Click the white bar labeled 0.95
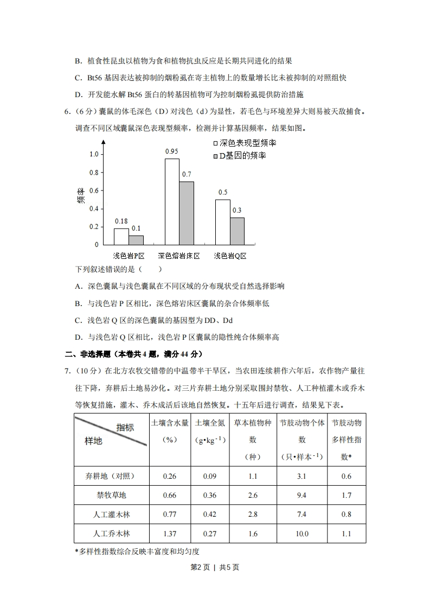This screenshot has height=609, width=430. (172, 201)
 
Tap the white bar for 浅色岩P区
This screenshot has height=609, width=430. (121, 236)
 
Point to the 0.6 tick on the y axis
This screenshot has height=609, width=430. (94, 191)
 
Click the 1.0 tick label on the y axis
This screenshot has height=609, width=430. (94, 154)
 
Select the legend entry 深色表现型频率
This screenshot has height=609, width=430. (245, 143)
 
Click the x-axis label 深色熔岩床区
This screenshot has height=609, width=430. (179, 256)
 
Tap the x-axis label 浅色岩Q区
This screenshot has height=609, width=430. (230, 256)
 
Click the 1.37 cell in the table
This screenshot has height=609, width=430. (170, 534)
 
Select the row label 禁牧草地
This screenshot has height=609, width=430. (112, 495)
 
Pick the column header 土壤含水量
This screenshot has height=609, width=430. (170, 423)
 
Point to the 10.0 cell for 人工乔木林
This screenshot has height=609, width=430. (302, 534)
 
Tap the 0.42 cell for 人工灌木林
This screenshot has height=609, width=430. (210, 515)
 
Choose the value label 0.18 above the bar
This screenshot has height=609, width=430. (121, 221)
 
